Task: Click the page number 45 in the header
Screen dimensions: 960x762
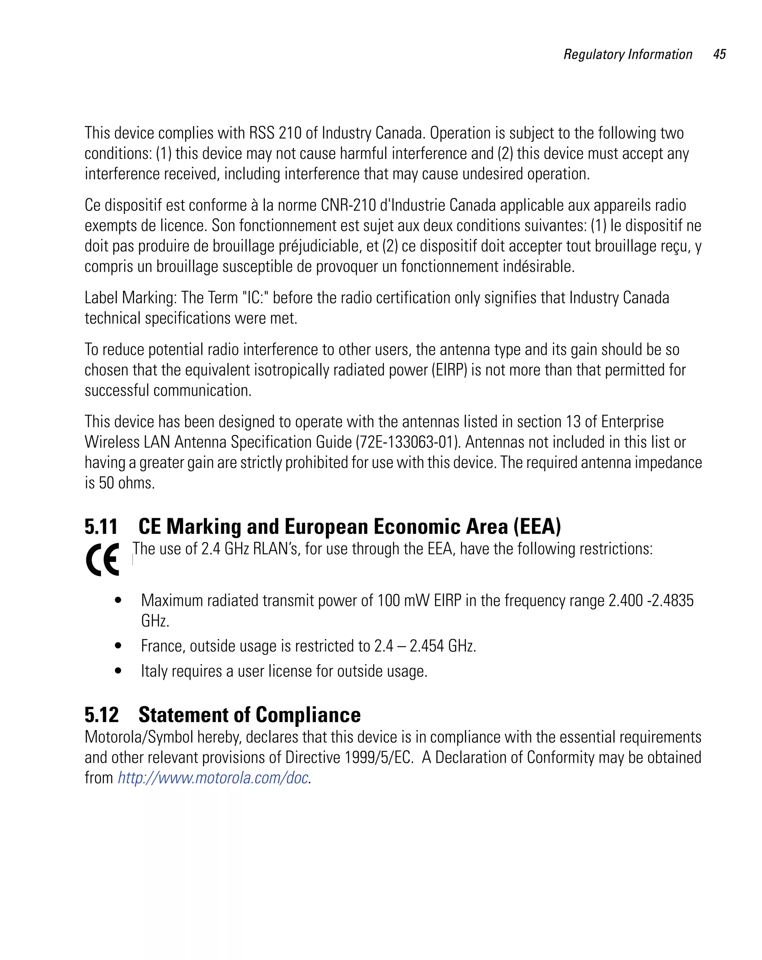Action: [719, 54]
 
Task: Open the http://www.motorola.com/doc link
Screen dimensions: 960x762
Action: [213, 778]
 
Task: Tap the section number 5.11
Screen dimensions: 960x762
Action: [101, 527]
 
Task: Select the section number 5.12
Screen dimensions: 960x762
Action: [102, 715]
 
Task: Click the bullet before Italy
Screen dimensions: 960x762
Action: [118, 671]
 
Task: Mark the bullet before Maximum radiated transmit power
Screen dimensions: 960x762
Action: [118, 600]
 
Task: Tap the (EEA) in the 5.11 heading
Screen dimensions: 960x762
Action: [537, 527]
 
